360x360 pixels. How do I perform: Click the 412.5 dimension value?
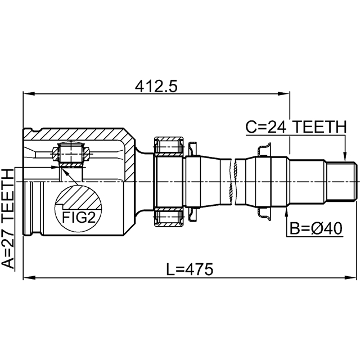pos(156,87)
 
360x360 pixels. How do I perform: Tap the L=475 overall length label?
pos(190,269)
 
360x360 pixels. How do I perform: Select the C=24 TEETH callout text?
pos(296,127)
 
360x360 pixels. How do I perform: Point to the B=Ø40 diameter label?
pos(316,229)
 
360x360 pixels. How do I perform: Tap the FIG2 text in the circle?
pos(79,218)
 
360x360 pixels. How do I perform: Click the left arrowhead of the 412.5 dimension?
pos(29,94)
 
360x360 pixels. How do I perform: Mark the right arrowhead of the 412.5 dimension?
pos(283,94)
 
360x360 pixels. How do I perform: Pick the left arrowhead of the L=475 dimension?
pos(29,277)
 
